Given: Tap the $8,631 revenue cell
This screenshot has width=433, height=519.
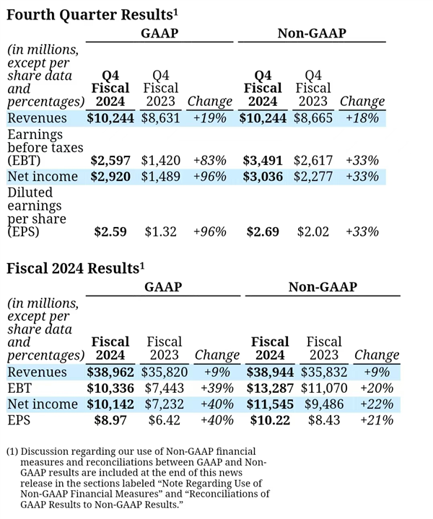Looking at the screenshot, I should [159, 118].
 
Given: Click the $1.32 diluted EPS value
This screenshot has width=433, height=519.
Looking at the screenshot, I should [159, 231].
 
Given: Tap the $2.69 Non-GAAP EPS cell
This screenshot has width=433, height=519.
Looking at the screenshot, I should [265, 231].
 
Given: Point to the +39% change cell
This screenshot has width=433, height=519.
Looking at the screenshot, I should [217, 388].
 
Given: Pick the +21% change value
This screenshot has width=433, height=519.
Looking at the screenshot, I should [375, 420].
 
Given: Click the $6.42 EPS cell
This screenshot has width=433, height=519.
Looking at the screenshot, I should [164, 420].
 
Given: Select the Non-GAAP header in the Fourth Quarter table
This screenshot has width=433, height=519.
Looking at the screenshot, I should [312, 32].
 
